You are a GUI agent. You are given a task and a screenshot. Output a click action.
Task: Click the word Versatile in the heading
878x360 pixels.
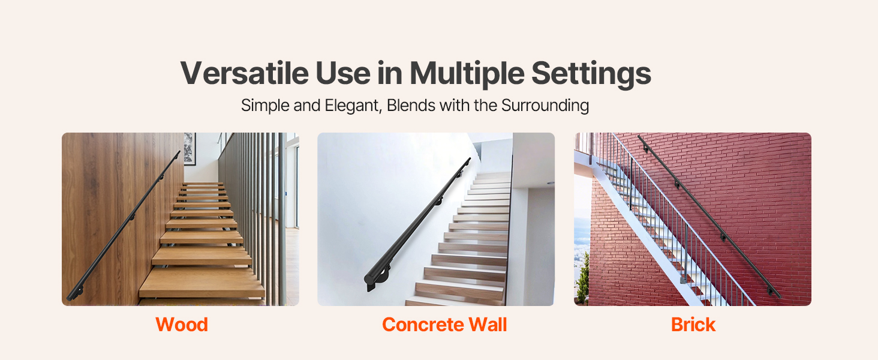click(245, 73)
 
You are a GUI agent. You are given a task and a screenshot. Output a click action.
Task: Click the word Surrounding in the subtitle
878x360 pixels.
click(545, 106)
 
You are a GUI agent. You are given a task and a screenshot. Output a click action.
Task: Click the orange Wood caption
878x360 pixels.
click(182, 325)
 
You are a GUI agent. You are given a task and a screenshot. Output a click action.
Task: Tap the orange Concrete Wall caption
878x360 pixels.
click(444, 325)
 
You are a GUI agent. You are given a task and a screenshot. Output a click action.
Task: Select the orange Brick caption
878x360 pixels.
click(693, 325)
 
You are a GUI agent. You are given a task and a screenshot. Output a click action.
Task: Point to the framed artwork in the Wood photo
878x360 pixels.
click(190, 149)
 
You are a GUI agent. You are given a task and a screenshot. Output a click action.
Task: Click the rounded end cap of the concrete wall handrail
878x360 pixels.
click(370, 278)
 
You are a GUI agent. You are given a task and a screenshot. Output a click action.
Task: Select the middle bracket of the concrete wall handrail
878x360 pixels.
click(438, 201)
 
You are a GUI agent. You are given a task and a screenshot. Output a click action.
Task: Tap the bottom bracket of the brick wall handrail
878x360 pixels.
click(770, 291)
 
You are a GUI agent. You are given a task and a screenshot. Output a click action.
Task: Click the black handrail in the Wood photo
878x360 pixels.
click(124, 226)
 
